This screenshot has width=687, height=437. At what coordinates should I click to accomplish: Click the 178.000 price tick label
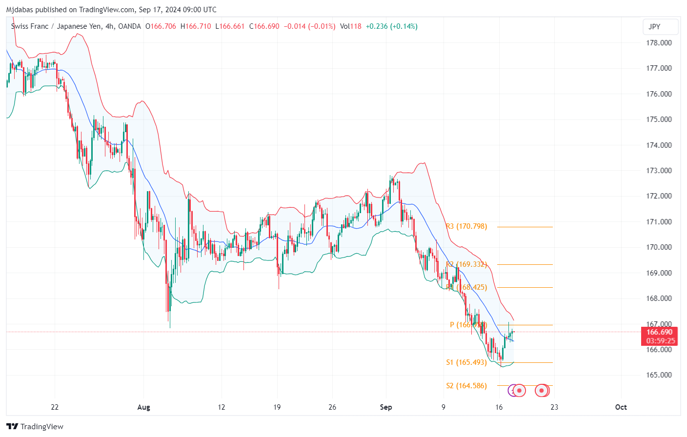pyautogui.click(x=659, y=43)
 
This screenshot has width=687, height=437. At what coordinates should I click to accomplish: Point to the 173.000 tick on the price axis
pyautogui.click(x=659, y=171)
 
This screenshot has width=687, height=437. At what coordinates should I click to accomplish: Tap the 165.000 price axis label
pyautogui.click(x=659, y=375)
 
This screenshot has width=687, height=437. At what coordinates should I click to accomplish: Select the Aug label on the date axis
pyautogui.click(x=143, y=407)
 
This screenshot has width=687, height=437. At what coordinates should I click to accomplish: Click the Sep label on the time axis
pyautogui.click(x=386, y=407)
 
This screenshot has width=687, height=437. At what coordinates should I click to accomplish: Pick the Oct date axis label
pyautogui.click(x=621, y=407)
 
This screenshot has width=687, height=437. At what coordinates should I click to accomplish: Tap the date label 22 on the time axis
pyautogui.click(x=55, y=407)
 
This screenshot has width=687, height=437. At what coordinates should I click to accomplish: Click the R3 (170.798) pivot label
pyautogui.click(x=466, y=226)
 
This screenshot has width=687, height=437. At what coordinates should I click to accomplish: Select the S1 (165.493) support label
pyautogui.click(x=466, y=362)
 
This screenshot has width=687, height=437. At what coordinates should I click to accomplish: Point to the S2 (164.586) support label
pyautogui.click(x=466, y=386)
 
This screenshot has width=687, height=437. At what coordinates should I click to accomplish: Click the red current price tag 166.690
pyautogui.click(x=660, y=332)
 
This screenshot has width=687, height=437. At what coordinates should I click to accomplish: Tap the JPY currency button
pyautogui.click(x=654, y=27)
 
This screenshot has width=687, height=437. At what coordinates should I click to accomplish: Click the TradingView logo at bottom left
pyautogui.click(x=35, y=426)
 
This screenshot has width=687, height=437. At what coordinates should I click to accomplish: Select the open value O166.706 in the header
pyautogui.click(x=161, y=26)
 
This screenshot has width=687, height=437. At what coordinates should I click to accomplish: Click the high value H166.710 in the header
pyautogui.click(x=196, y=26)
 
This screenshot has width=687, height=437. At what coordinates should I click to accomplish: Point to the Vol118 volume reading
pyautogui.click(x=351, y=26)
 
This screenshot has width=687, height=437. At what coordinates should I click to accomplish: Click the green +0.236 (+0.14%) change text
pyautogui.click(x=392, y=26)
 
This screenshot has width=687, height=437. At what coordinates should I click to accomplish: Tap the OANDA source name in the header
pyautogui.click(x=130, y=26)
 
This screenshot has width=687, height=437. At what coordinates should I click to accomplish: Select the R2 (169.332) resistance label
pyautogui.click(x=466, y=264)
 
